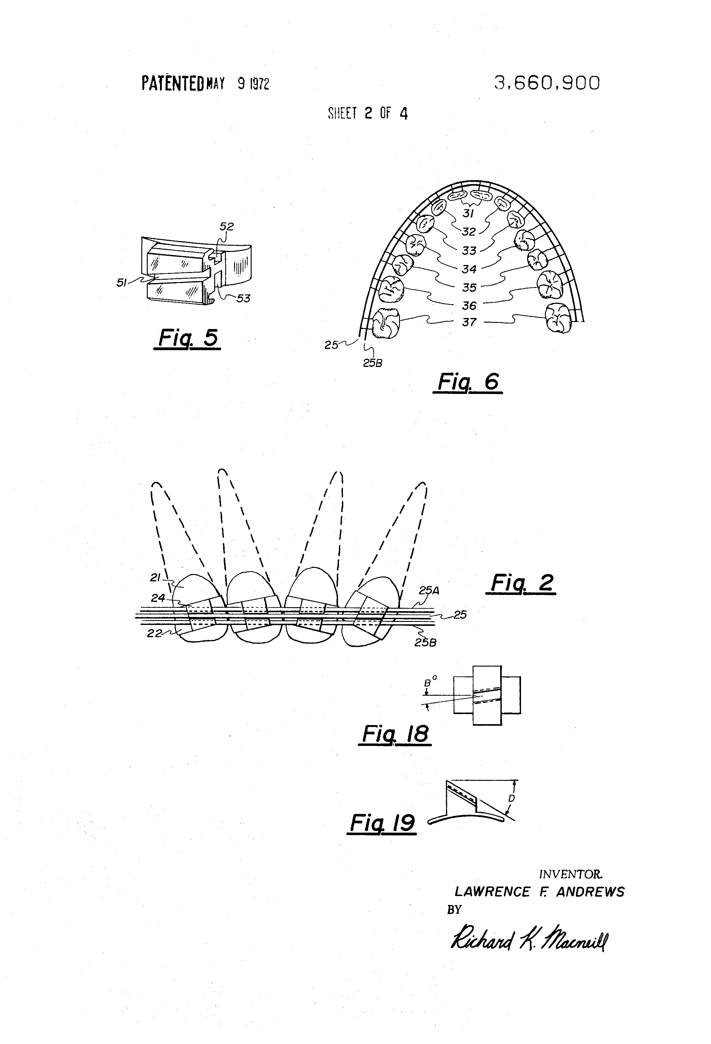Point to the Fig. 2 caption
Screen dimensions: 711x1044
[521, 583]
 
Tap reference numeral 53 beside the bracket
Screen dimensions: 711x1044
[243, 298]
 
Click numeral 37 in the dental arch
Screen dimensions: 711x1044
[469, 322]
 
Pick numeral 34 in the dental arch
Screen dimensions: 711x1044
[469, 269]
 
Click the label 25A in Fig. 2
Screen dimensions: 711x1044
[429, 591]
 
